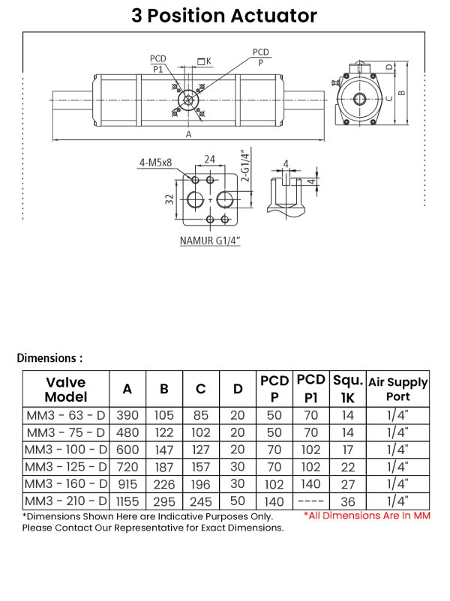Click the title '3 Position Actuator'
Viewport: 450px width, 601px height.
click(x=224, y=16)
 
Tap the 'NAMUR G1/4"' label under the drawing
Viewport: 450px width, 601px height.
click(x=210, y=241)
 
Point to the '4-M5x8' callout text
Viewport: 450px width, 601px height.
click(x=155, y=163)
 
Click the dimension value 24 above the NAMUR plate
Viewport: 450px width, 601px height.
click(x=210, y=159)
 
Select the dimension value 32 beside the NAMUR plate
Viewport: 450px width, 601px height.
click(x=169, y=199)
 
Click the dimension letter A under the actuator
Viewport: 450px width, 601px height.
click(x=188, y=134)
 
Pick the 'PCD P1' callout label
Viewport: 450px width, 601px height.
click(x=158, y=64)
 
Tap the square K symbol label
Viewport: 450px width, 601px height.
click(x=205, y=61)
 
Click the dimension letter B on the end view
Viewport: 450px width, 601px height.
click(x=402, y=93)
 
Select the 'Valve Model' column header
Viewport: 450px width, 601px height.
click(x=66, y=389)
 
